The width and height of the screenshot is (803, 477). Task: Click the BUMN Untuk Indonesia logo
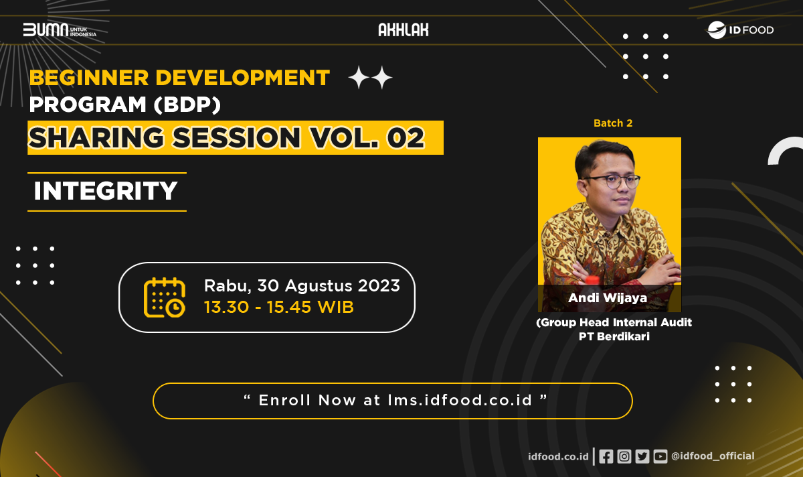60,30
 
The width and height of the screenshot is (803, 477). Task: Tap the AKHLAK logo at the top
403,29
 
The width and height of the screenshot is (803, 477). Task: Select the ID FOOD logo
740,30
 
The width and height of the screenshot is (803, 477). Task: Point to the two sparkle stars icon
370,78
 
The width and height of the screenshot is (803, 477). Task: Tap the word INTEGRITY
106,192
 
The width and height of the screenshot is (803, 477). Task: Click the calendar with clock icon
165,297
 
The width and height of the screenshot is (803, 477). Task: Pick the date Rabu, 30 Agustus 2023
302,286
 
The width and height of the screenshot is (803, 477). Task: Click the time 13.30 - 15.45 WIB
278,308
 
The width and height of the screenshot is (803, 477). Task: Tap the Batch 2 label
612,123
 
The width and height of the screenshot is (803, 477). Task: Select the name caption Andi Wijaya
608,298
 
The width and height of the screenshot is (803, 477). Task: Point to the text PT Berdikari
614,337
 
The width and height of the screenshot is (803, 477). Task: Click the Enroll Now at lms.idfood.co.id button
393,401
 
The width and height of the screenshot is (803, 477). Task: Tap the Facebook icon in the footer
606,456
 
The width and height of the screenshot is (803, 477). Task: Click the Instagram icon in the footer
624,456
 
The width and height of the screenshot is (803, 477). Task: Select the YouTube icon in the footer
660,456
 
